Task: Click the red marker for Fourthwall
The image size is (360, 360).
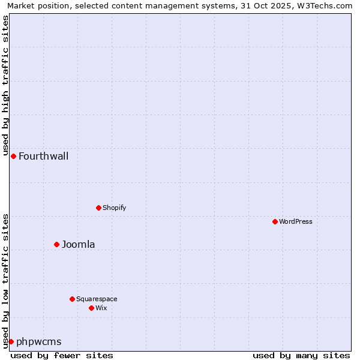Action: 13,156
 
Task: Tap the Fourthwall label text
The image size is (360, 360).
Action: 43,157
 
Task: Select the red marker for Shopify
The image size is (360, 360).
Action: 98,208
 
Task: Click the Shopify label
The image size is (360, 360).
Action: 114,208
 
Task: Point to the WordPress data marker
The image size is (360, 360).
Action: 275,221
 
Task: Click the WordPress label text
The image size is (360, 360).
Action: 296,222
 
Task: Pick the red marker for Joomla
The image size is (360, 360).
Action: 56,244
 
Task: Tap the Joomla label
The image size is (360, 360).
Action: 78,245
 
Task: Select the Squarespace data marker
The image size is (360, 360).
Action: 72,299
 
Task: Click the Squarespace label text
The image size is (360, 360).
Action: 97,299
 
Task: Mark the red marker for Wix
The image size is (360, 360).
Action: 91,308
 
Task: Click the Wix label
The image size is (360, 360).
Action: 101,308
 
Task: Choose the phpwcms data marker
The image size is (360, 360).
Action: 11,341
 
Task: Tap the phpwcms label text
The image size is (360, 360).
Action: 38,342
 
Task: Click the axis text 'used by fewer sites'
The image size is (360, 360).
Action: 62,355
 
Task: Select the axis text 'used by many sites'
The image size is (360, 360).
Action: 301,355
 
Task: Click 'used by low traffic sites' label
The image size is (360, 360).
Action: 6,280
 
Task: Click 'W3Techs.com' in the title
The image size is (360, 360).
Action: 327,5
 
